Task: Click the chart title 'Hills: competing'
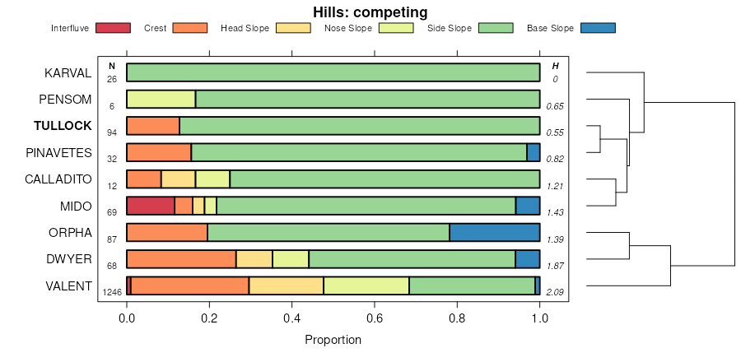tap(370, 12)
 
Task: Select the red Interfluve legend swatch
tap(113, 28)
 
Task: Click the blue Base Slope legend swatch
tap(598, 28)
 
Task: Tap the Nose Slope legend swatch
tap(396, 28)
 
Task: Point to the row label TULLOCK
tap(63, 126)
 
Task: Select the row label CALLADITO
tap(58, 179)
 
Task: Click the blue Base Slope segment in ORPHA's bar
tap(494, 232)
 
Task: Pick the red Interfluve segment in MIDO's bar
tap(151, 206)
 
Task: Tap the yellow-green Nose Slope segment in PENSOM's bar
tap(161, 100)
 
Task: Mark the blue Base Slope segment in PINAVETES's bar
tap(534, 152)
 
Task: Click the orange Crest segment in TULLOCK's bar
tap(153, 126)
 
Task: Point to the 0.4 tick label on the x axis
tap(291, 318)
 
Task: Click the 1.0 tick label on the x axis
tap(539, 318)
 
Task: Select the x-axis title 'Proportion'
tap(333, 339)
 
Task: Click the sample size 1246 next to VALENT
tap(111, 291)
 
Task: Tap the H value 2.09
tap(556, 291)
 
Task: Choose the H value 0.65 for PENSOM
tap(556, 106)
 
